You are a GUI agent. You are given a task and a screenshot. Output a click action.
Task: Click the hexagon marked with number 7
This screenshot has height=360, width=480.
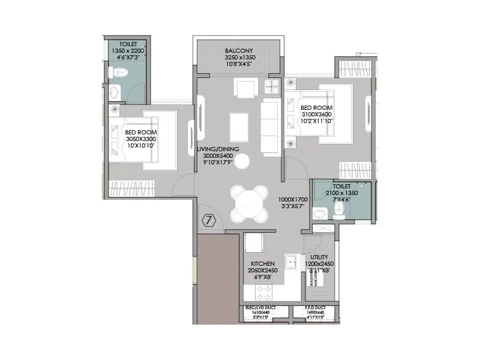click(x=208, y=220)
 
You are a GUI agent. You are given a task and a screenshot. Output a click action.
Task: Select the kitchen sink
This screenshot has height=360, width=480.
click(x=291, y=262)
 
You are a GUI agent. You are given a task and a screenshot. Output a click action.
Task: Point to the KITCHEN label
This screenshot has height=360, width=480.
click(x=263, y=263)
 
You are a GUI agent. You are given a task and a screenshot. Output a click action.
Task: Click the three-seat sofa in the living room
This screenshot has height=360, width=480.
click(x=270, y=127)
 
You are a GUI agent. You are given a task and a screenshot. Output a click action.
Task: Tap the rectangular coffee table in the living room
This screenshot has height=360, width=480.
click(x=239, y=127)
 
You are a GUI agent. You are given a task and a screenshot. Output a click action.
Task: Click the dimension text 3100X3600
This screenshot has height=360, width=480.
click(x=316, y=114)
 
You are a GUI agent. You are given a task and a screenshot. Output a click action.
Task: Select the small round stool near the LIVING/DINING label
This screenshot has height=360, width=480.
click(x=242, y=160)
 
